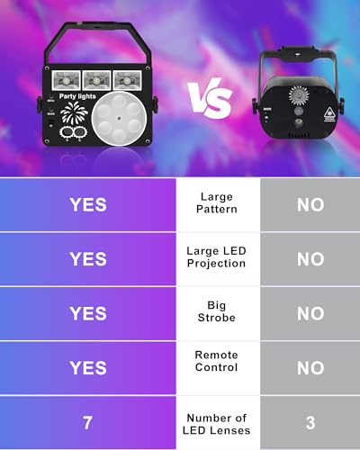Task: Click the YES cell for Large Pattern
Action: [88, 204]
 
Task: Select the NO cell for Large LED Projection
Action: [310, 259]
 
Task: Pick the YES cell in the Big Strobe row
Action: [88, 312]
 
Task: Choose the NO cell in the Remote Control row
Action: [310, 367]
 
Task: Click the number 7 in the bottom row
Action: [88, 421]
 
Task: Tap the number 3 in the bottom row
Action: [310, 421]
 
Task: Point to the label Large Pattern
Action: [217, 204]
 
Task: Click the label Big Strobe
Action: [217, 312]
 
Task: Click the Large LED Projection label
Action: [217, 258]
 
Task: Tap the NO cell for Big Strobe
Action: [310, 313]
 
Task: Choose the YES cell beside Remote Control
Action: [88, 367]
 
